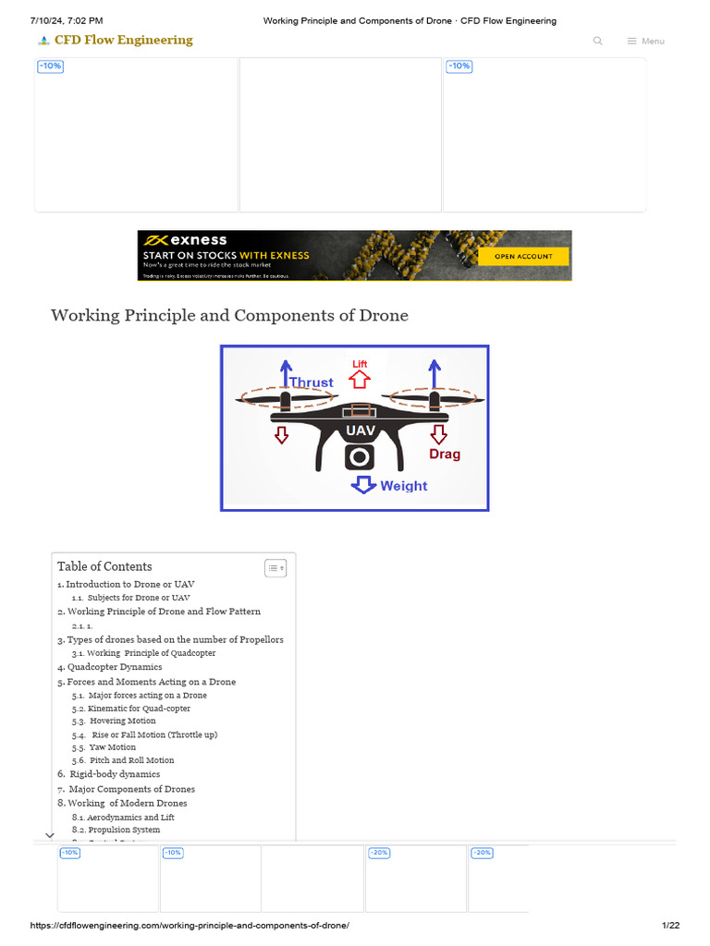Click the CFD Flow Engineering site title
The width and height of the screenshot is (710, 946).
click(123, 41)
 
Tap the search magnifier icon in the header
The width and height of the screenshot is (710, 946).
click(598, 41)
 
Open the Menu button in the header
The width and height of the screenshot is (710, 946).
click(645, 41)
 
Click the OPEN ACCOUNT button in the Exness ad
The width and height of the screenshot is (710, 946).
click(523, 256)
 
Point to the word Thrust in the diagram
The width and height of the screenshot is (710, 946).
click(311, 382)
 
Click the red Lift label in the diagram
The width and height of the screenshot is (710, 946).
click(360, 364)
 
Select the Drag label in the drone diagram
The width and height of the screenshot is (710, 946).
click(444, 455)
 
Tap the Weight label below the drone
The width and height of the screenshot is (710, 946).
click(404, 486)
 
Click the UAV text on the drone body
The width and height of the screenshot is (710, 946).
click(360, 431)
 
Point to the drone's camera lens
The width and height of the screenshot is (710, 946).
click(360, 458)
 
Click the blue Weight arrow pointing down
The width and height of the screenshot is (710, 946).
click(364, 485)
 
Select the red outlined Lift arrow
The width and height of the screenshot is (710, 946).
click(360, 379)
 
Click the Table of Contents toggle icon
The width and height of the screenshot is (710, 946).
click(275, 568)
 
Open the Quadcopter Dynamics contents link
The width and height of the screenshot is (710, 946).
click(114, 667)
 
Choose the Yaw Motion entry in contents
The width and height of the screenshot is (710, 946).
click(112, 747)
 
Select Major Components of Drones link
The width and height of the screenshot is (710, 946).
click(131, 789)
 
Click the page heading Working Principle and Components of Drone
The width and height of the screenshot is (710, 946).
click(229, 316)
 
